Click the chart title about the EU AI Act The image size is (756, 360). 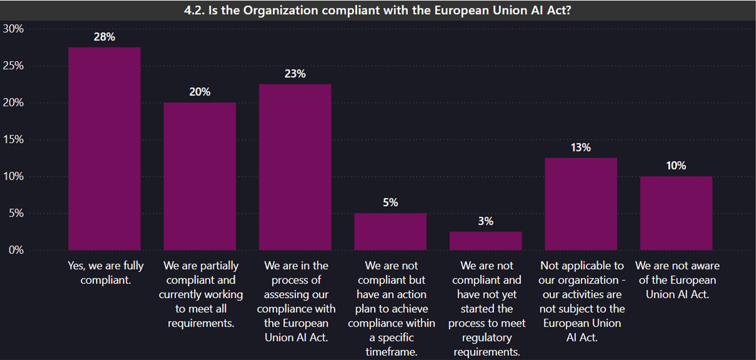point(377,10)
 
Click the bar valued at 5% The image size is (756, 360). point(390,232)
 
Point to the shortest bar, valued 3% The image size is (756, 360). point(485,241)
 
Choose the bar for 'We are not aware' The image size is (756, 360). point(676,213)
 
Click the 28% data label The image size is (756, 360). point(104,37)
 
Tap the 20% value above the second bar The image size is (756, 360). point(200,92)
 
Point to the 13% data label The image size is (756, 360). point(581,148)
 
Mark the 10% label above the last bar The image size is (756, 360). point(676,166)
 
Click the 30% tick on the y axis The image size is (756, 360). point(13,29)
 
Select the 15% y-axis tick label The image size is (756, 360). point(13,140)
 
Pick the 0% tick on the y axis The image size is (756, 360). point(16,250)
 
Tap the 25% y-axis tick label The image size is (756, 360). point(13,66)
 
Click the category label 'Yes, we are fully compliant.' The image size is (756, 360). point(106,273)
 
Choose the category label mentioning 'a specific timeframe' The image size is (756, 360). point(391,308)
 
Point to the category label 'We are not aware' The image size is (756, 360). point(677,280)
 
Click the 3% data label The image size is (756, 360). point(485,221)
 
